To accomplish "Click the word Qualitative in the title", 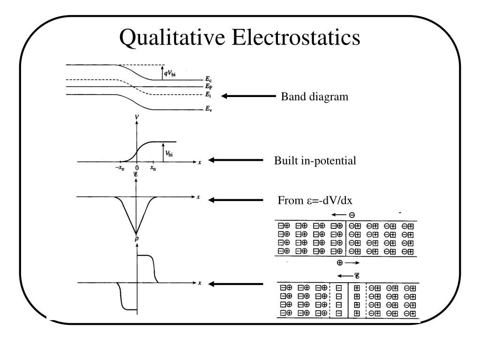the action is coord(172,37).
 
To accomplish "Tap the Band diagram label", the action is coord(315,97).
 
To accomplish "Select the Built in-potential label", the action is coord(315,161).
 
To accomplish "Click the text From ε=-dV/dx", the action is coord(315,200).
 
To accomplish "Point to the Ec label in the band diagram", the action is coord(209,79).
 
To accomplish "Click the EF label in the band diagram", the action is coord(209,86).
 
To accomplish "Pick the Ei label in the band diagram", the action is coord(208,95).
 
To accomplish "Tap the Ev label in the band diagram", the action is coord(209,109).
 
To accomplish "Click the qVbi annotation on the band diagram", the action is coord(170,74).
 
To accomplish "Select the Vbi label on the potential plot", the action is coord(169,154).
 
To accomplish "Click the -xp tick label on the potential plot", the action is coord(120,168).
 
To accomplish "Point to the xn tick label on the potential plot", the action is coord(153,168).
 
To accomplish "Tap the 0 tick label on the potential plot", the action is coord(137,168).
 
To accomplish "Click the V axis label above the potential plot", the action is coord(136,117).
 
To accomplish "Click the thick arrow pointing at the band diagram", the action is coord(248,96).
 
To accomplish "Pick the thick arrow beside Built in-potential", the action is coord(235,160).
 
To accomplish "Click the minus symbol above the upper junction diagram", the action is coord(352,215).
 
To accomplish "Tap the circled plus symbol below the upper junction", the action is coord(339,262).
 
